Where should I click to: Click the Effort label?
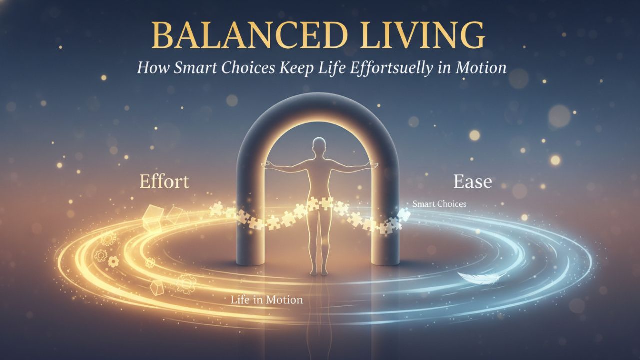click(164, 181)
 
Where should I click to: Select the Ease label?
click(472, 182)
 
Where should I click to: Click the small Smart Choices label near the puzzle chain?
click(440, 204)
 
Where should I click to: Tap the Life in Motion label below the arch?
click(267, 300)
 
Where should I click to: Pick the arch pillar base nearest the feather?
click(387, 260)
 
